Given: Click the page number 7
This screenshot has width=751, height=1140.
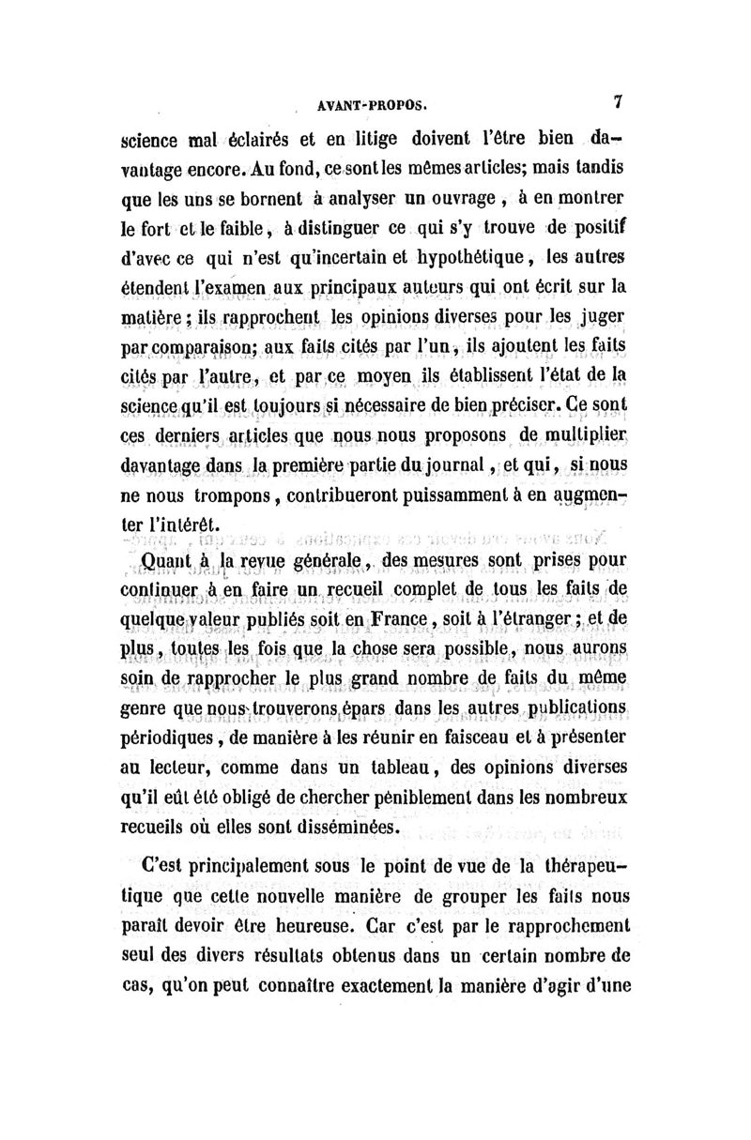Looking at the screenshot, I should (618, 99).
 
